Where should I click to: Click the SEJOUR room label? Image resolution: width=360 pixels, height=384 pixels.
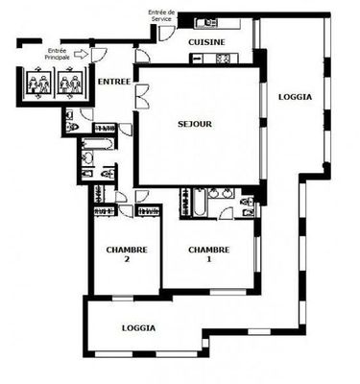pos(195,124)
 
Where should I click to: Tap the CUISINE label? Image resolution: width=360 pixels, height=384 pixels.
pos(206,42)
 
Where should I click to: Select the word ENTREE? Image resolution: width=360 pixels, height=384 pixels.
pos(114,82)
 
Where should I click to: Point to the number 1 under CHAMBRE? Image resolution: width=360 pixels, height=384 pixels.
pos(209,259)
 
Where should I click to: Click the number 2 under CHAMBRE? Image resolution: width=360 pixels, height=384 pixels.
pos(127,259)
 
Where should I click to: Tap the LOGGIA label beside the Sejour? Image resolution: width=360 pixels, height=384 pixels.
pos(295,97)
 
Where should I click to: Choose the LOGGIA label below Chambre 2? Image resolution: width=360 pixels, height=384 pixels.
pos(139,328)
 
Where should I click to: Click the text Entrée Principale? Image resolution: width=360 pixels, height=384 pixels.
pos(58,54)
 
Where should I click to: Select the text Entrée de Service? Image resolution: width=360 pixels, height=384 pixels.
pos(161,15)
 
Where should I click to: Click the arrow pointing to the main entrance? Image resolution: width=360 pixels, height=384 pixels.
pos(81,54)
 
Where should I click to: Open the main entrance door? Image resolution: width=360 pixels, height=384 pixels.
pos(98,55)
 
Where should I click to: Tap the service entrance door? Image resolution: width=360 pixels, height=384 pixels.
pos(166,33)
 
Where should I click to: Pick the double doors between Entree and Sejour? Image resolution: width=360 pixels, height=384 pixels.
pos(142,96)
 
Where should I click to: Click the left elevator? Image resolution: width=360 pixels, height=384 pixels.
pos(38,83)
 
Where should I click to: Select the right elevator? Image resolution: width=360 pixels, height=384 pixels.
pos(70,83)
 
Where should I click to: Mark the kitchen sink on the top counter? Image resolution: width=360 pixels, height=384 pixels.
pos(206,23)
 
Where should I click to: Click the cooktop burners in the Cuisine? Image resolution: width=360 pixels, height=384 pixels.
pos(223,59)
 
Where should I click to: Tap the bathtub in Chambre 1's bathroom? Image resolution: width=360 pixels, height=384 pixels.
pos(200,203)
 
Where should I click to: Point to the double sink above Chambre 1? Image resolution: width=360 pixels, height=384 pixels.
pos(221,193)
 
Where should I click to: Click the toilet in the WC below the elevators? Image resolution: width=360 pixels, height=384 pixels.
pos(72,128)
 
